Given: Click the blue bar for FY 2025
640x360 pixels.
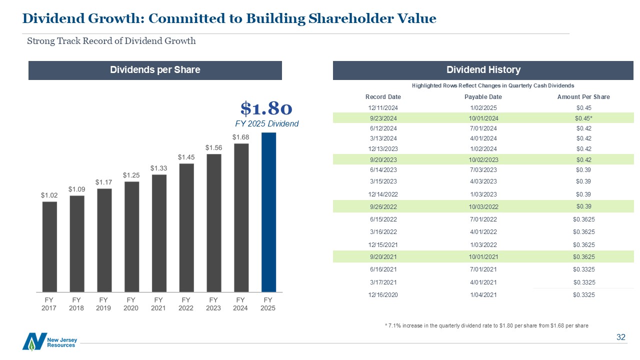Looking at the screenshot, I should click(268, 212).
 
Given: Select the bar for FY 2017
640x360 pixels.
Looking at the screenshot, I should click(49, 246).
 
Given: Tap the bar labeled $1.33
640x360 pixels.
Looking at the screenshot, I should click(159, 232).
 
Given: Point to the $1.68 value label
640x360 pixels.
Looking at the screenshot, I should click(240, 137).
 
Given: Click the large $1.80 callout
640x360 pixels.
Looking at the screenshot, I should click(266, 107).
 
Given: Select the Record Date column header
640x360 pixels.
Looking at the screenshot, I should click(383, 97).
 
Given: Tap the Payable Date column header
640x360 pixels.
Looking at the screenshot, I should click(483, 97).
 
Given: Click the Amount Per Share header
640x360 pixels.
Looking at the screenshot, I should click(583, 97).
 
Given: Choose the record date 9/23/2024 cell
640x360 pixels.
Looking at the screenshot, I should click(383, 118).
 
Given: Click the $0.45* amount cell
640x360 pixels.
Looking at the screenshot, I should click(583, 118).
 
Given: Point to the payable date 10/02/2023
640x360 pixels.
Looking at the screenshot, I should click(483, 160).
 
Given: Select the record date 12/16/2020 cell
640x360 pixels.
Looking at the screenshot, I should click(383, 295).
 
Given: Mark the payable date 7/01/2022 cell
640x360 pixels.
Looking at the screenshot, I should click(483, 219).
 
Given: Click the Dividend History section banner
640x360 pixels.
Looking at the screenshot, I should click(483, 70).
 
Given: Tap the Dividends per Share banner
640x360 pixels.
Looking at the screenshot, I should click(155, 70).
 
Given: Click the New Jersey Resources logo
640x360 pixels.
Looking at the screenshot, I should click(49, 341).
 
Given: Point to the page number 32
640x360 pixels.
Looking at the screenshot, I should click(621, 337).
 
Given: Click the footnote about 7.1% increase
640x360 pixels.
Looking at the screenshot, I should click(486, 325).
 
